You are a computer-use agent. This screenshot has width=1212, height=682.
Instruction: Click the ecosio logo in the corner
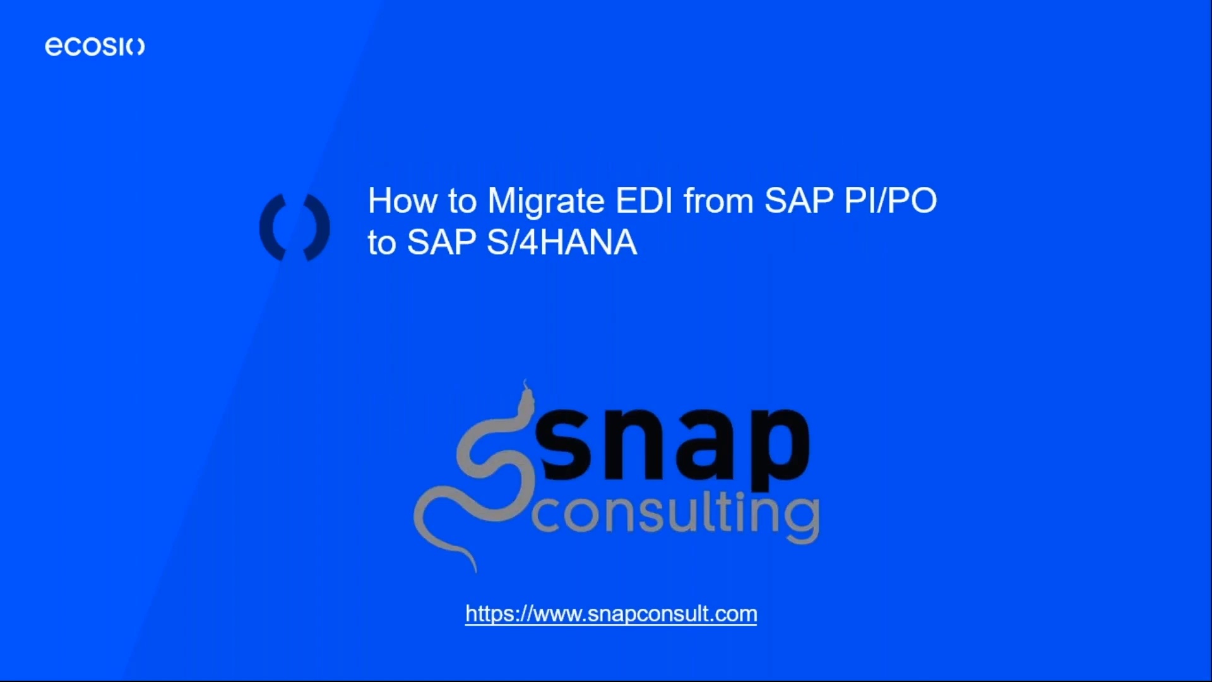coord(95,46)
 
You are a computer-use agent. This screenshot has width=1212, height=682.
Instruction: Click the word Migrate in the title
coord(546,201)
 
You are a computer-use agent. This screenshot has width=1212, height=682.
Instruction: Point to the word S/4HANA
coord(562,242)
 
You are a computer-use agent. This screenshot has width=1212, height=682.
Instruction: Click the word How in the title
coord(403,201)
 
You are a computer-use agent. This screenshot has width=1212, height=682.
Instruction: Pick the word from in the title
coord(718,201)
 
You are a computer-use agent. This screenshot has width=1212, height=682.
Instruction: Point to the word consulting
coord(675,515)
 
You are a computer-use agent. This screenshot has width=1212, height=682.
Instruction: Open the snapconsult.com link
coord(610,614)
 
